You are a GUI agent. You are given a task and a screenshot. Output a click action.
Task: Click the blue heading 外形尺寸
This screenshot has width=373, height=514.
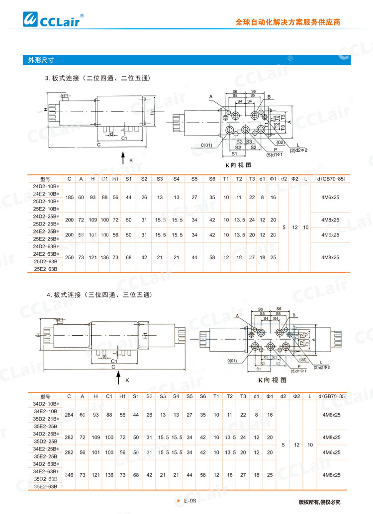coord(41,60)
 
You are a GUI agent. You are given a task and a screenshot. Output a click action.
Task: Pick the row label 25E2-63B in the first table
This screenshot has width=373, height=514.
coord(46,269)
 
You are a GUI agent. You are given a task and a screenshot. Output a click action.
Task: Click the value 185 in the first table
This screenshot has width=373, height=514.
coord(69,197)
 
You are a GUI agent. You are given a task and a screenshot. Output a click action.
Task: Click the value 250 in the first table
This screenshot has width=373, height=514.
coord(69,257)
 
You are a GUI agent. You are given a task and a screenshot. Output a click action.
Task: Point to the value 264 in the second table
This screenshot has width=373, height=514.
coord(69,415)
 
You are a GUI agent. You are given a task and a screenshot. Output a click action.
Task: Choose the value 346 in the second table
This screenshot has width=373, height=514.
coord(69,475)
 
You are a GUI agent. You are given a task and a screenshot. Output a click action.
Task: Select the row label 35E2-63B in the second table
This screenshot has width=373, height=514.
coord(46,487)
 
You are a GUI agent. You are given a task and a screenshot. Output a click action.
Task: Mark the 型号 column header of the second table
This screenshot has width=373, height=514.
coord(45,396)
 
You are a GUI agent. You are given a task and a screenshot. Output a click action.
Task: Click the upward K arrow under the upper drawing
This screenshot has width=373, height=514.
coord(123,158)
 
